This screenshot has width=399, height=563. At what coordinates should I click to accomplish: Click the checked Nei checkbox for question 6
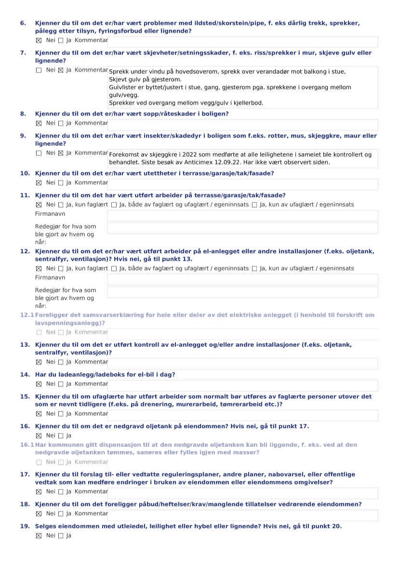click(39, 40)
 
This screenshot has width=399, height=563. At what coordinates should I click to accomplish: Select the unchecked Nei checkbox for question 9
click(39, 153)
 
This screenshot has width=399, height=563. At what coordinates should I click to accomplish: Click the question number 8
click(23, 114)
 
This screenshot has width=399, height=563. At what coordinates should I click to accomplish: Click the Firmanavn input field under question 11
click(242, 215)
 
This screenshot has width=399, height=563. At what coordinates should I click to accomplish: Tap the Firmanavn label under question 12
click(50, 277)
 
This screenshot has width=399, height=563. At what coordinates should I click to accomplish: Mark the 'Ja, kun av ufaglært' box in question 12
click(254, 268)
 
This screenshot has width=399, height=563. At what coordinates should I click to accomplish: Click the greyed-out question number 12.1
click(27, 315)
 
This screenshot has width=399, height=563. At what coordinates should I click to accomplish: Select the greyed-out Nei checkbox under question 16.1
click(39, 462)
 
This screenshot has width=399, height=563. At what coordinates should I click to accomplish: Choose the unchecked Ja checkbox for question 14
click(61, 384)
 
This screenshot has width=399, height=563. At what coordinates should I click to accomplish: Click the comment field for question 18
click(242, 514)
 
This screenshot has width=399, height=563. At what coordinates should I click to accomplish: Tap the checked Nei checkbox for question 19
click(39, 535)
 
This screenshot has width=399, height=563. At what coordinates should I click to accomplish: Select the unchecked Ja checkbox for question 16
click(61, 435)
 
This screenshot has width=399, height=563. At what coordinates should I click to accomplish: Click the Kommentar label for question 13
click(91, 362)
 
